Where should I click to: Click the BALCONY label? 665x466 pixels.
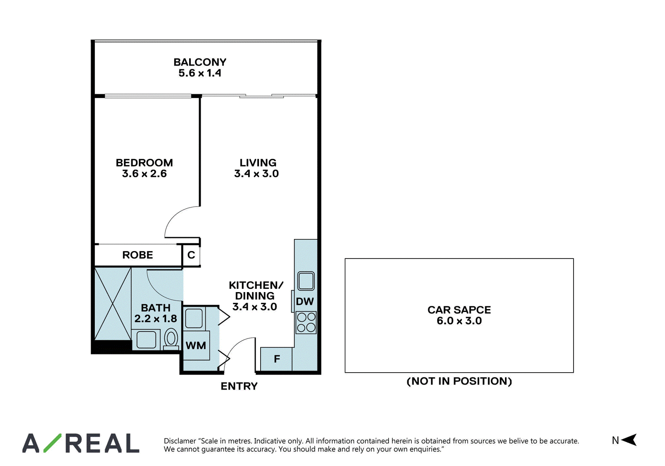(x=200, y=62)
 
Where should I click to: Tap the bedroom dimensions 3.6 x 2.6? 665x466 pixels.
(x=144, y=174)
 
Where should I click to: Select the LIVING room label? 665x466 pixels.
(x=258, y=163)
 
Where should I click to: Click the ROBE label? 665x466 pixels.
(x=138, y=255)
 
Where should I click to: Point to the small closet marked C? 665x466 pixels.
(x=191, y=255)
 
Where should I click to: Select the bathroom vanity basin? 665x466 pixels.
(x=146, y=340)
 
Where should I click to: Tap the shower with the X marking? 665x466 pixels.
(x=113, y=304)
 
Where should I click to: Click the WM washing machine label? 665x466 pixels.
(x=196, y=345)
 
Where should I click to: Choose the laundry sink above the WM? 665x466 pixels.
(x=194, y=318)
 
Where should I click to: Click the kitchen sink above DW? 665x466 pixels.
(x=306, y=281)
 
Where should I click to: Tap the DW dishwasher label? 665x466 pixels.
(x=305, y=302)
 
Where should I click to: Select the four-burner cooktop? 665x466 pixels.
(x=306, y=322)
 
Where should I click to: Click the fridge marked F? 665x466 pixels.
(x=276, y=359)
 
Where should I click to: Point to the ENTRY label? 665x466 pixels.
(x=239, y=386)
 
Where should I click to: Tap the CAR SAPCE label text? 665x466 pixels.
(x=459, y=310)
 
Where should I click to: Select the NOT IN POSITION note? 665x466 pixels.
(x=459, y=381)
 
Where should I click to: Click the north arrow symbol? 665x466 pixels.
(x=629, y=440)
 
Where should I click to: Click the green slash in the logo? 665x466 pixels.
(x=52, y=443)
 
